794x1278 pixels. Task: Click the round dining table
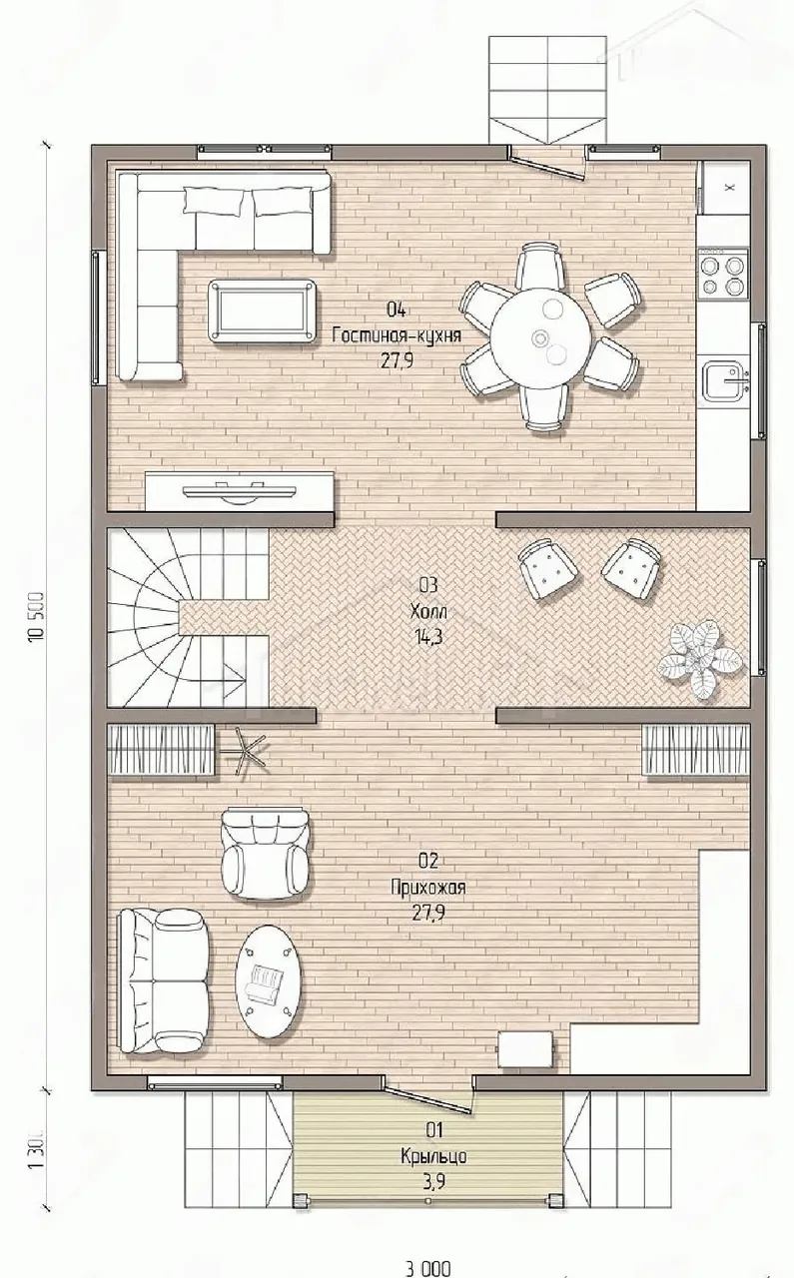click(x=541, y=335)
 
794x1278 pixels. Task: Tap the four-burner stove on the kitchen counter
click(x=723, y=275)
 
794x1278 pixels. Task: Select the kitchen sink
click(x=725, y=381)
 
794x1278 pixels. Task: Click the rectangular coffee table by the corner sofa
click(x=262, y=311)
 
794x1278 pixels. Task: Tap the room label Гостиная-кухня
click(x=397, y=335)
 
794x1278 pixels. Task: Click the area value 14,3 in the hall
click(x=428, y=637)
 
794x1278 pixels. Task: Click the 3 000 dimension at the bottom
click(x=428, y=1269)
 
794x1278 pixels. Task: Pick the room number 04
click(x=397, y=310)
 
